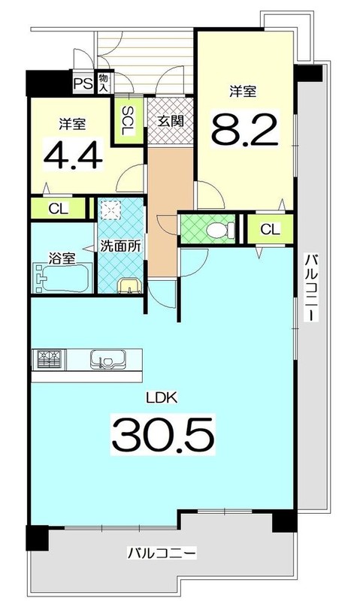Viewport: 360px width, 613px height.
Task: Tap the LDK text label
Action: coord(162,398)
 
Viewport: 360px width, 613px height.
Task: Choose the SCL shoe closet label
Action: coord(128,120)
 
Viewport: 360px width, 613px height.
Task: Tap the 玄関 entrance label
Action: coord(170,119)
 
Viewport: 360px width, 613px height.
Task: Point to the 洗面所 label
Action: coord(122,246)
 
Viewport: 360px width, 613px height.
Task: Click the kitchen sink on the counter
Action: coord(106,360)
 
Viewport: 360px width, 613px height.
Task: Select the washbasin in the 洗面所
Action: coord(130,285)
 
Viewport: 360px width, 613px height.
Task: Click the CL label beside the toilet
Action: coord(271,228)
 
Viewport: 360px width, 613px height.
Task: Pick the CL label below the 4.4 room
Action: coord(58,207)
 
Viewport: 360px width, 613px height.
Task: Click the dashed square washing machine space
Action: coord(112,213)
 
